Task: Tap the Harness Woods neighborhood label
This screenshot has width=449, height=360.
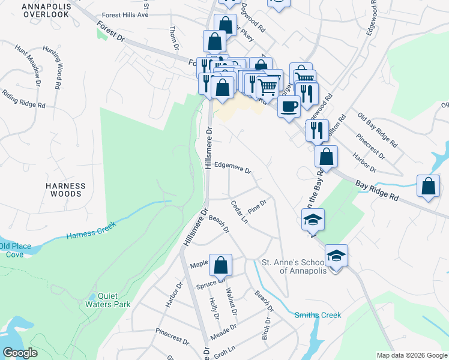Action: tap(66, 190)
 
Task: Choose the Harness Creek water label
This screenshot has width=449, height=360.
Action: tap(91, 229)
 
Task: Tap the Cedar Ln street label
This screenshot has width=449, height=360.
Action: tap(239, 212)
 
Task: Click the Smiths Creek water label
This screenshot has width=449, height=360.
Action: tap(318, 315)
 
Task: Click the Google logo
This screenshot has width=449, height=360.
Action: tap(20, 353)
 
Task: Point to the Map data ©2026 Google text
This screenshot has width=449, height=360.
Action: tap(411, 355)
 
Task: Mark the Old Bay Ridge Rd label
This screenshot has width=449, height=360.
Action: tap(378, 129)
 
